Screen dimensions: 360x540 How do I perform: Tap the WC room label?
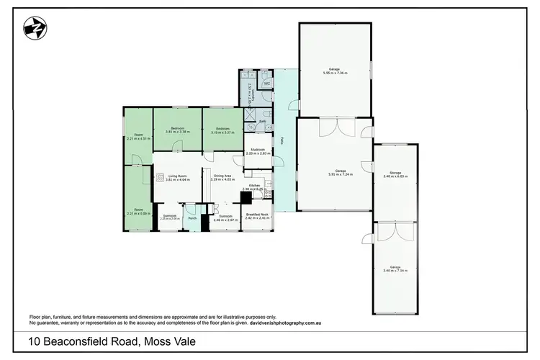[x=266, y=84]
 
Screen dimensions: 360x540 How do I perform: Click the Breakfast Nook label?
[x=257, y=213]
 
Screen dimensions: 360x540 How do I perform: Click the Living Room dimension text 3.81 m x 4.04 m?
[x=178, y=179]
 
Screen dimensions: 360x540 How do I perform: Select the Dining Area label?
[x=222, y=175]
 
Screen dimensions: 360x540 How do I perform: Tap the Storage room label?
[x=394, y=172]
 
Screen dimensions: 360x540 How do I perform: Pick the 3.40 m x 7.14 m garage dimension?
[x=394, y=271]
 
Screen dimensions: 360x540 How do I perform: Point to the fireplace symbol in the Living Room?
[x=158, y=176]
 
